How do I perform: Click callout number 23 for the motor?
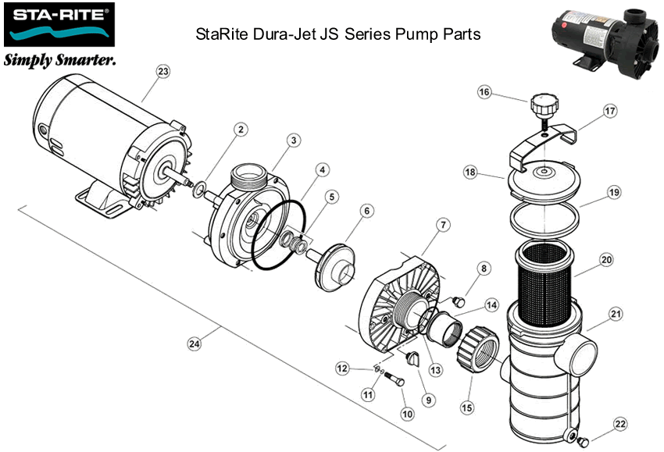pos(162,71)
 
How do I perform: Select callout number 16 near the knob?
pos(484,92)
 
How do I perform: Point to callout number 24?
pos(193,343)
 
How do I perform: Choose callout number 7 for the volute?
pos(442,226)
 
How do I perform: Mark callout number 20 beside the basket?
pos(606,259)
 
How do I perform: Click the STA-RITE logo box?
pos(59,25)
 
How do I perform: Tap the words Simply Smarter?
pos(60,61)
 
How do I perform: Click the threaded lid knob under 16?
pos(541,105)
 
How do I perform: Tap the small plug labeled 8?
pos(460,300)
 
